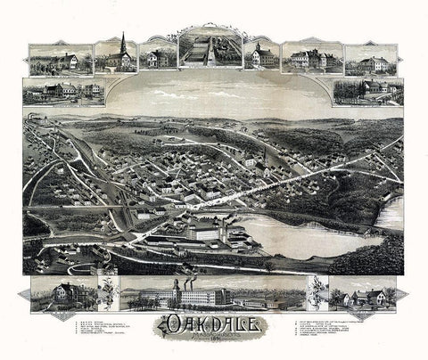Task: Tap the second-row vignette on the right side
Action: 366,90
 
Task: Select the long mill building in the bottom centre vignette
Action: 210,295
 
